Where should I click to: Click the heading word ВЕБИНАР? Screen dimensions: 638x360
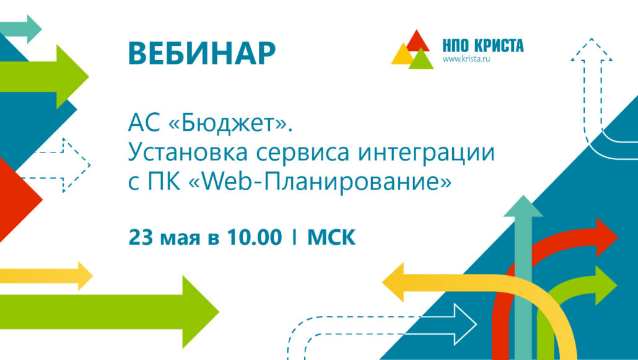coord(202,53)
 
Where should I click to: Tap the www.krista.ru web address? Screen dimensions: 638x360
coord(466,59)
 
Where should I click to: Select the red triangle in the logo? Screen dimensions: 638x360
coord(418,41)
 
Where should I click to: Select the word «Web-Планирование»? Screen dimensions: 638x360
coord(320,181)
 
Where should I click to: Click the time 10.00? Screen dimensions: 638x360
coord(255,237)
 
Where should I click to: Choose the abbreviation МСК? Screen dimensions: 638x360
coord(331,237)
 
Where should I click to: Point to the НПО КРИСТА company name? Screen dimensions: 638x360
coord(483,46)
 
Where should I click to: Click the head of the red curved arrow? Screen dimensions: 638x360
coord(606,237)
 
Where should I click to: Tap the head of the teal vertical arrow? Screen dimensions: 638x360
coord(523,206)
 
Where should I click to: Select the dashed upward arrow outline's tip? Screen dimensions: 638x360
coord(591,38)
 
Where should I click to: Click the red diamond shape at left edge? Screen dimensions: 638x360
coord(19,200)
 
